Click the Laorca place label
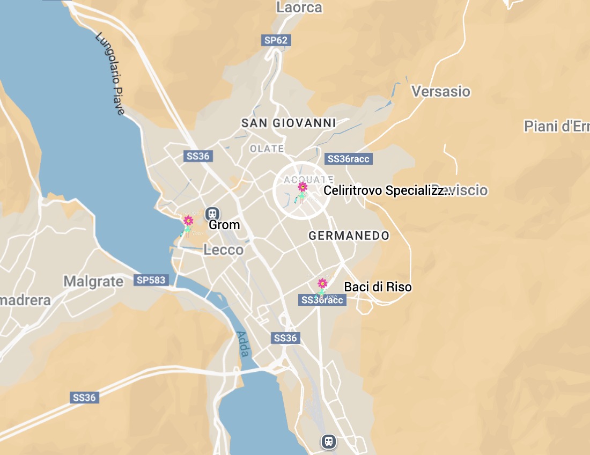click(x=299, y=7)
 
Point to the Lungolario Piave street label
click(x=110, y=74)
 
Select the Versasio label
click(x=441, y=91)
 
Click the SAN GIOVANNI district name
click(x=289, y=123)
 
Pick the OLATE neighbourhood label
click(x=267, y=149)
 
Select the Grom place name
click(x=224, y=225)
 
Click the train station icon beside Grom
click(x=212, y=214)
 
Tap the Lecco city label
click(x=223, y=250)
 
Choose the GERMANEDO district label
click(x=349, y=236)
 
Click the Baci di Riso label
click(x=378, y=287)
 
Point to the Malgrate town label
click(x=93, y=281)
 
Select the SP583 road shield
click(x=152, y=280)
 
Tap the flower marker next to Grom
click(x=188, y=221)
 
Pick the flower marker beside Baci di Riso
click(x=322, y=283)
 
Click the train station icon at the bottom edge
click(x=329, y=442)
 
